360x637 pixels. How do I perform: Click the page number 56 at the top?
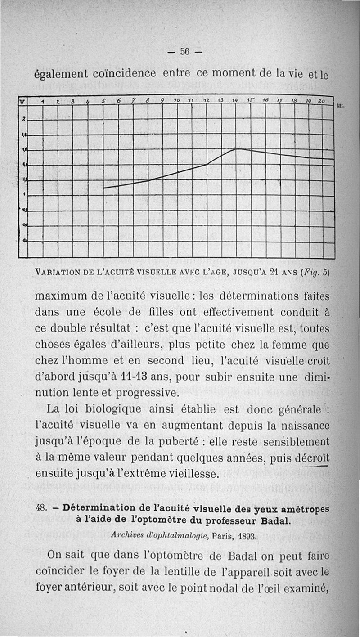coord(185,51)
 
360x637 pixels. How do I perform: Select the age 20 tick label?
coord(321,101)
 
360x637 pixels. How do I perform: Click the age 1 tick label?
coord(42,102)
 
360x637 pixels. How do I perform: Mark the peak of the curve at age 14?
coord(237,149)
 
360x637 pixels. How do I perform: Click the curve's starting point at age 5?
coord(103,188)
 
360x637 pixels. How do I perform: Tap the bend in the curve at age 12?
coord(207,164)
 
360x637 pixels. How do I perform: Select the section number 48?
coord(41,508)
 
